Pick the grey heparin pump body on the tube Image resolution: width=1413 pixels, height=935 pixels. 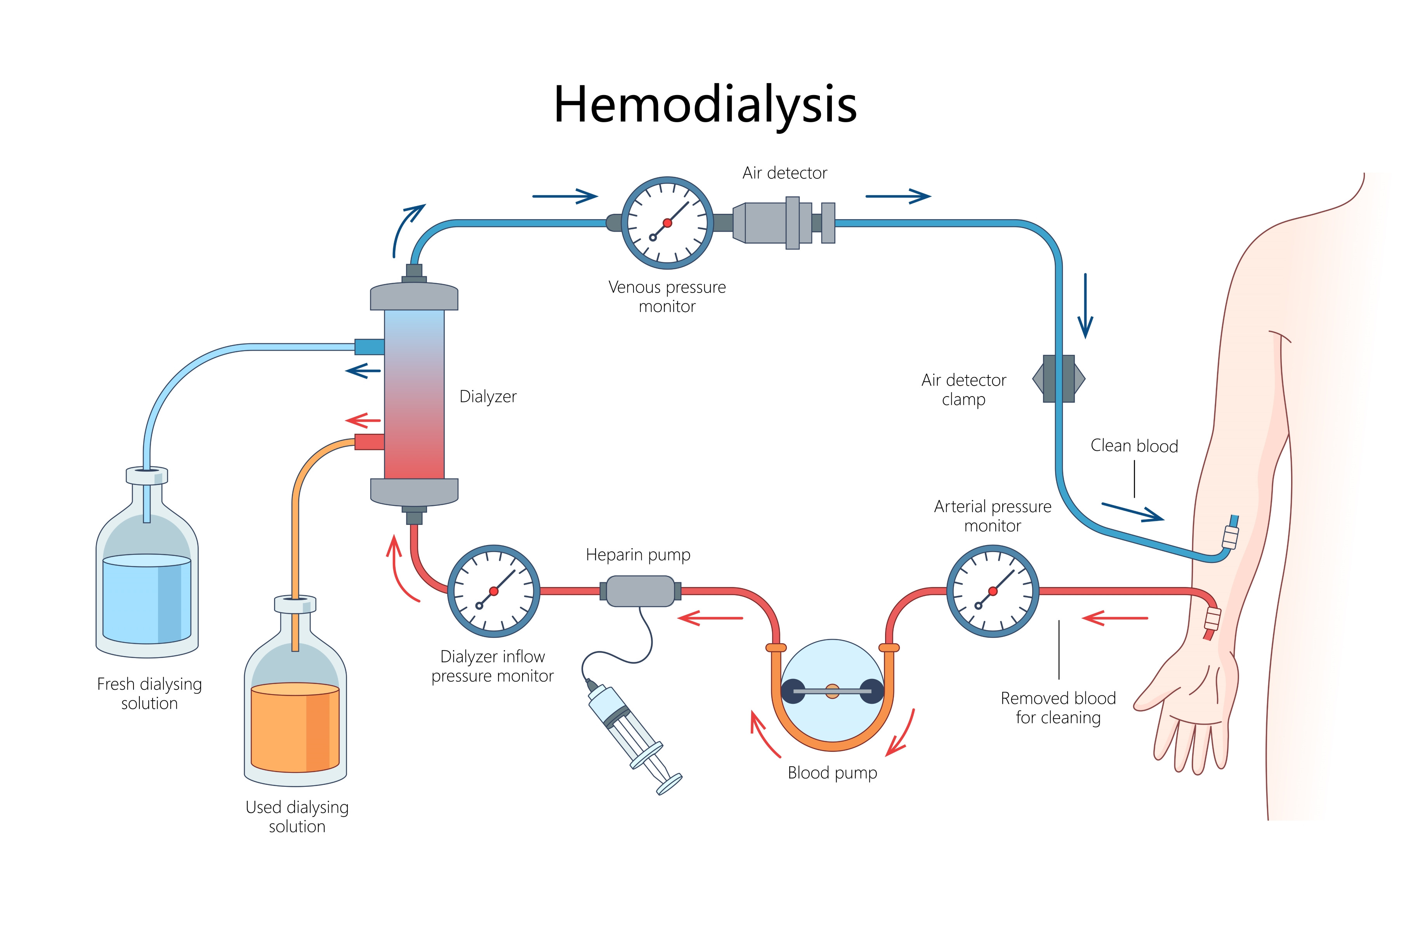[x=639, y=591]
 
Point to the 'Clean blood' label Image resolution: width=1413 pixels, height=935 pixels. [x=1134, y=446]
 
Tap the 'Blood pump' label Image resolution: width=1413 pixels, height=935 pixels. [x=832, y=773]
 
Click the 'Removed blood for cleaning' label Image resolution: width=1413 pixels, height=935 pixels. [x=1058, y=708]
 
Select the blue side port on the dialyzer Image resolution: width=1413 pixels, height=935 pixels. [x=369, y=346]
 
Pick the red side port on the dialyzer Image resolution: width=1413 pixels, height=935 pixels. [x=369, y=442]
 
